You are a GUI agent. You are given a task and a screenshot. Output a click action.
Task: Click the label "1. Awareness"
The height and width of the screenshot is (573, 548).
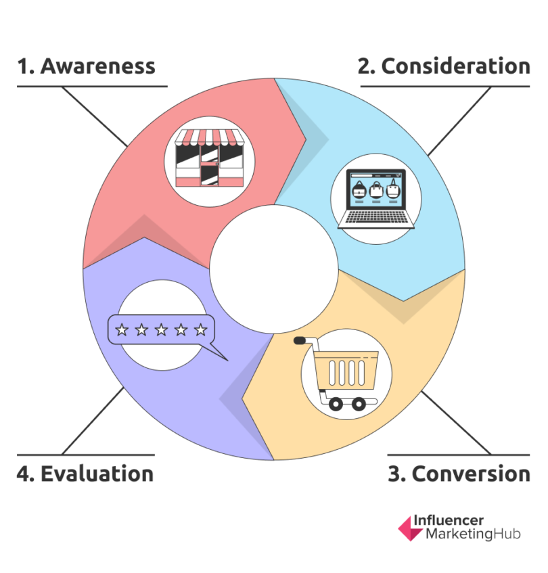click(86, 66)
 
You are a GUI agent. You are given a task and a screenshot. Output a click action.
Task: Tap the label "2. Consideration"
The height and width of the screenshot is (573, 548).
click(444, 66)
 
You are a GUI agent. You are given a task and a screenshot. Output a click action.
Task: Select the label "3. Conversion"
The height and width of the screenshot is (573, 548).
click(459, 474)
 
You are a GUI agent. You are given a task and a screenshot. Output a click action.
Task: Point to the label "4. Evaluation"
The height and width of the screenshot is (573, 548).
click(85, 474)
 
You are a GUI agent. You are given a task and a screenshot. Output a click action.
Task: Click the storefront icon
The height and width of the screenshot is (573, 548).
click(203, 158)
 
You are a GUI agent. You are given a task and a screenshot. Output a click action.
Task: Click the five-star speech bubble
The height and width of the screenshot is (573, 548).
click(162, 331)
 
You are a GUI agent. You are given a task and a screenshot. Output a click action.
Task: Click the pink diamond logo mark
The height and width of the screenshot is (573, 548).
click(409, 528)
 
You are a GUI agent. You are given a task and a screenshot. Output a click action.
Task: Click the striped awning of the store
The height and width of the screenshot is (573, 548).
click(204, 138)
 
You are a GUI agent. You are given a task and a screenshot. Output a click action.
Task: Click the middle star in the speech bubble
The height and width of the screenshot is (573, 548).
click(161, 330)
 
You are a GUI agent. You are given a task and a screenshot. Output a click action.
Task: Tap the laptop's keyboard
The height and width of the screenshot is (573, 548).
click(375, 218)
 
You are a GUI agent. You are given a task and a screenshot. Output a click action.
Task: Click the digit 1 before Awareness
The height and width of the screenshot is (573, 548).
click(24, 66)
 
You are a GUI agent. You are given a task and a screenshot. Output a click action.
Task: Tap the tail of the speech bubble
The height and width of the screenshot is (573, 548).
click(217, 352)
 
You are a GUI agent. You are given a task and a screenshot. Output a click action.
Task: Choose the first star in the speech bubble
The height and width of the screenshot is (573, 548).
click(122, 330)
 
